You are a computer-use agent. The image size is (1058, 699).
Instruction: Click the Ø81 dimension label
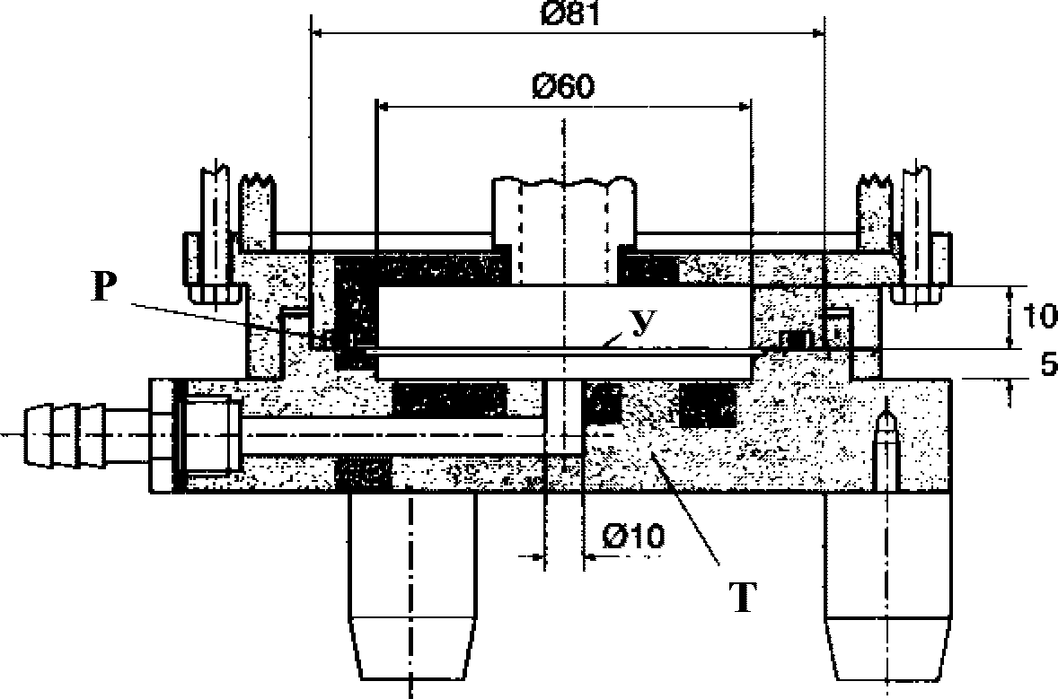pos(570,13)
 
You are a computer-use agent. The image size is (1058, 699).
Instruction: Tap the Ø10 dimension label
pos(633,537)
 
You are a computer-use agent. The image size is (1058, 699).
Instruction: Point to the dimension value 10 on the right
pos(1039,316)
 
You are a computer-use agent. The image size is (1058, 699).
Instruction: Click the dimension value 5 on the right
pos(1048,364)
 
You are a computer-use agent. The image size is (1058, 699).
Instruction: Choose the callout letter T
pos(743,598)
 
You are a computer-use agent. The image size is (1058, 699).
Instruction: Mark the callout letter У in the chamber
pos(643,324)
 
